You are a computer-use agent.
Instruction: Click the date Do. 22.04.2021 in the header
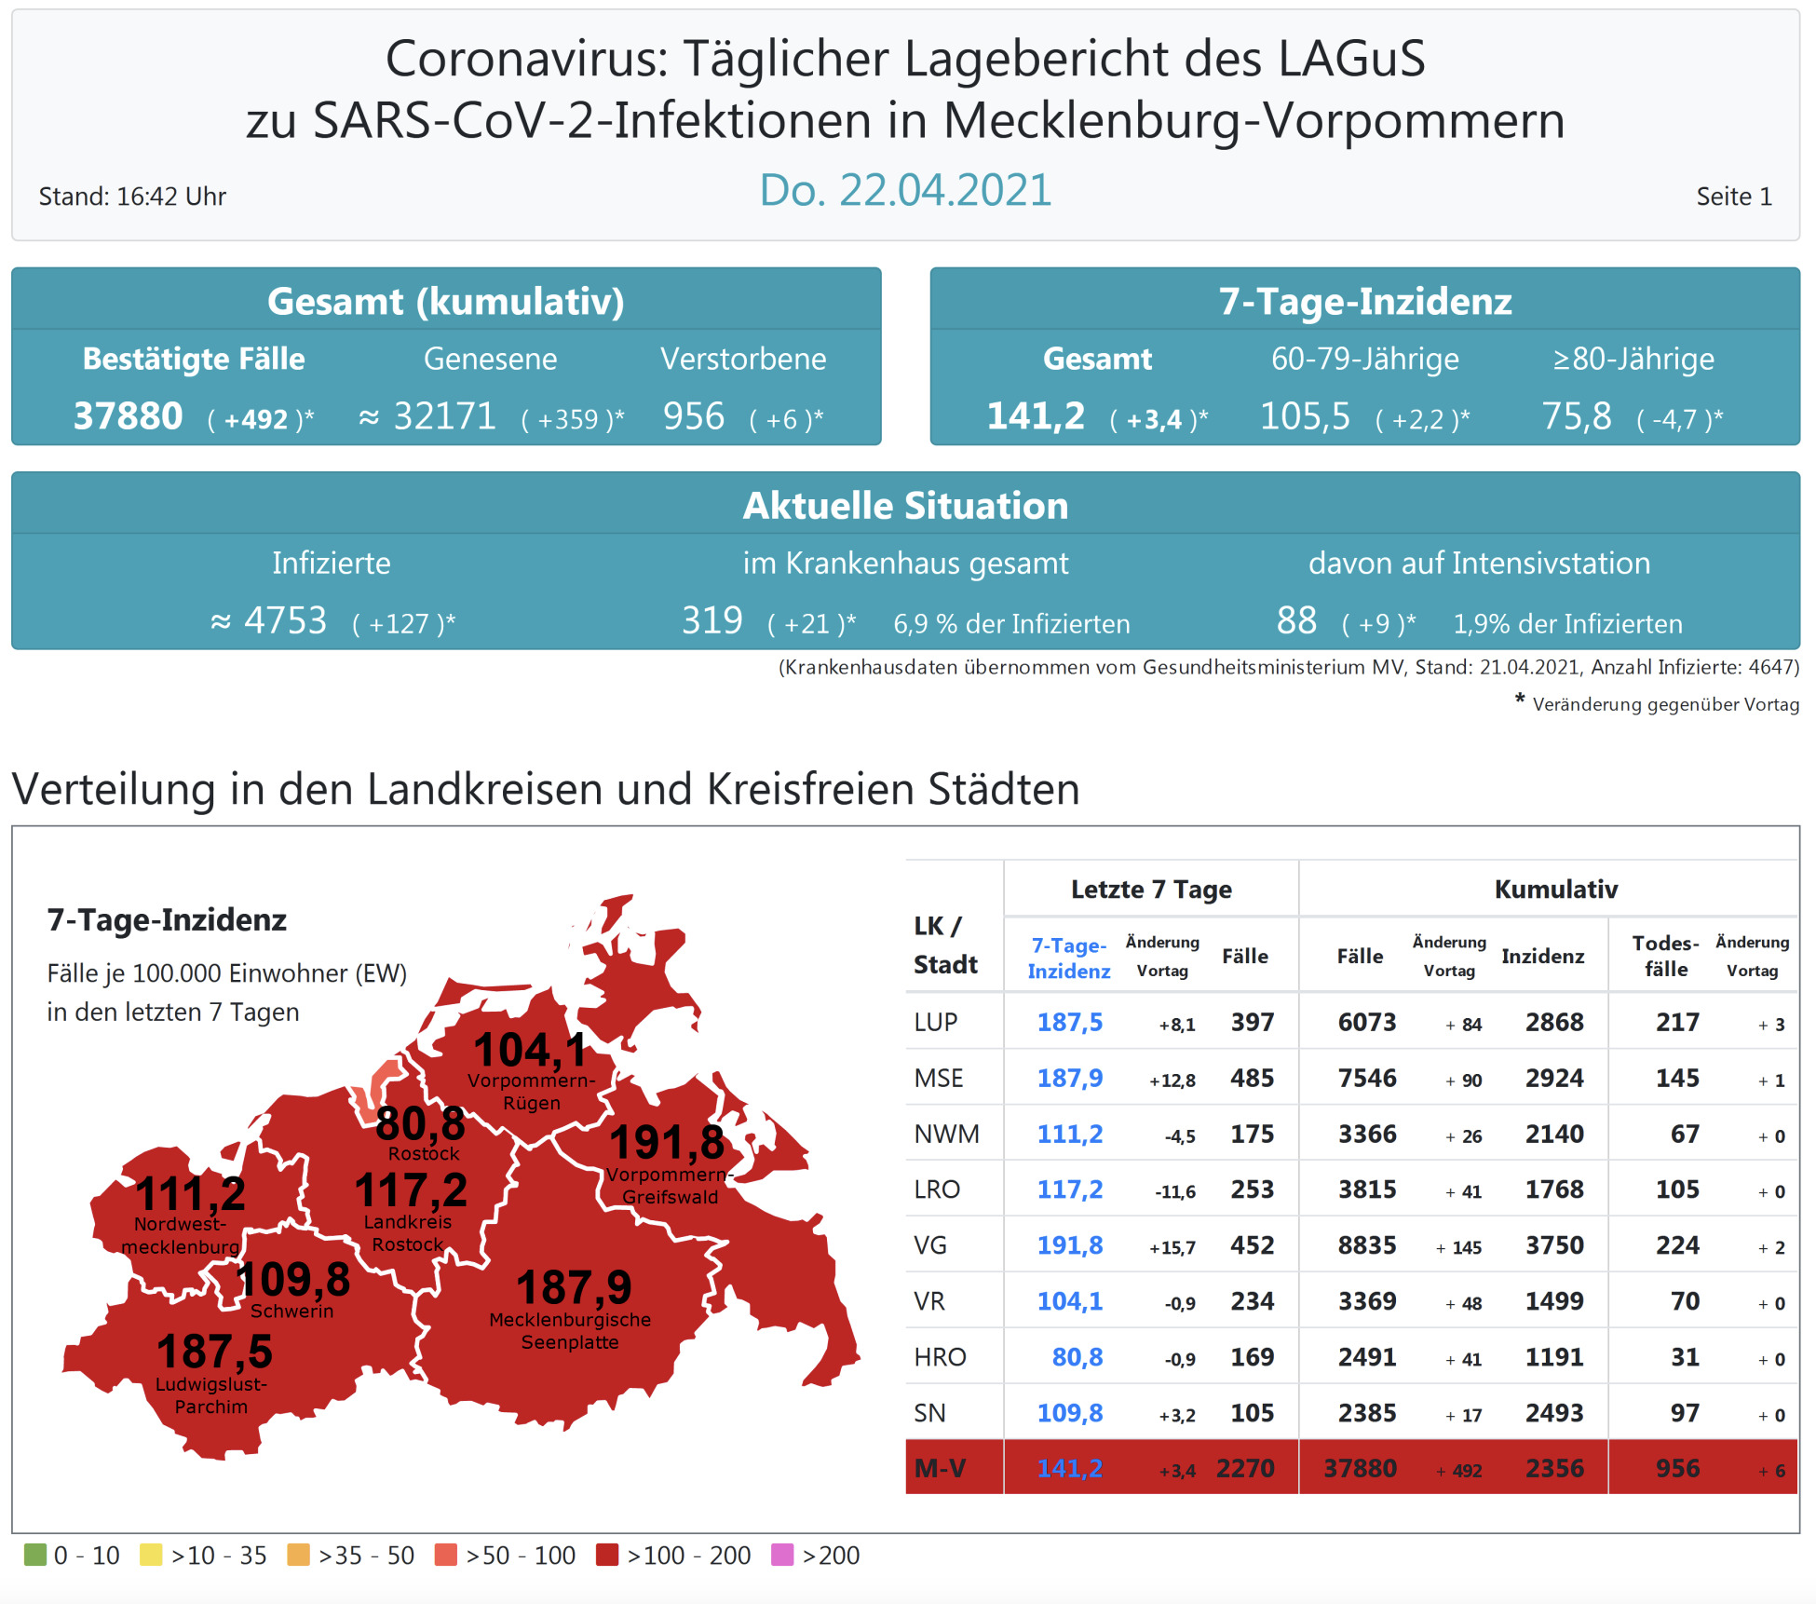tap(905, 190)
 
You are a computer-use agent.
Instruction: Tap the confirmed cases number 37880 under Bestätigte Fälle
tap(128, 416)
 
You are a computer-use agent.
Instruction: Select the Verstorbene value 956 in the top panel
tap(693, 416)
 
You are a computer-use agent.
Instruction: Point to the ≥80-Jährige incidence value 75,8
tap(1576, 416)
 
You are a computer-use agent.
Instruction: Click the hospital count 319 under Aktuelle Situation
tap(711, 620)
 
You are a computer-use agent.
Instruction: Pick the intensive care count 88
tap(1296, 620)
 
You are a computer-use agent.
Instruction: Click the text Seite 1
tap(1733, 197)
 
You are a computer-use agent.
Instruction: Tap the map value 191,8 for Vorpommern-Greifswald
tap(667, 1142)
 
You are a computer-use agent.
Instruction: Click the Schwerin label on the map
tap(291, 1312)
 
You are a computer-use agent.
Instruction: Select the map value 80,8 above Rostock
tap(420, 1123)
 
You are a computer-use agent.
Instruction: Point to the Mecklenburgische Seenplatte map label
tap(570, 1330)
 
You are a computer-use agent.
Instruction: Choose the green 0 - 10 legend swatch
tap(35, 1555)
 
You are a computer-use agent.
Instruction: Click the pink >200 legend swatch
tap(782, 1555)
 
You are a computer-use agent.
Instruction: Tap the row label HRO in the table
tap(940, 1357)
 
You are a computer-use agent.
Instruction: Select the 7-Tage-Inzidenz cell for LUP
tap(1069, 1022)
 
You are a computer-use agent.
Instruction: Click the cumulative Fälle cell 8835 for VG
tap(1366, 1245)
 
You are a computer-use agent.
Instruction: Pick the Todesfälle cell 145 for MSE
tap(1676, 1078)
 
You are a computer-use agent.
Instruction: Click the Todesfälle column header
tap(1665, 956)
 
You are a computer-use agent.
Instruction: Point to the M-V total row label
tap(940, 1468)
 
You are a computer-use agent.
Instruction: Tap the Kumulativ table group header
tap(1555, 889)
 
